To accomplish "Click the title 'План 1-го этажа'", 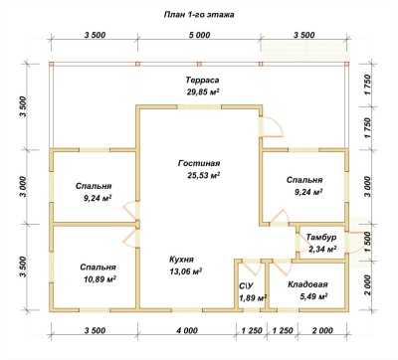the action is pos(199,15).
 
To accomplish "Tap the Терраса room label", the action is pos(202,81).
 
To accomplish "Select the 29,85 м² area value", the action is pos(203,92).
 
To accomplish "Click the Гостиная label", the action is pos(199,163).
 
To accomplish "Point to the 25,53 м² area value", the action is pos(204,175).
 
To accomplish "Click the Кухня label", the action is pos(181,260).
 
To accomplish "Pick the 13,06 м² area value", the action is pos(186,271).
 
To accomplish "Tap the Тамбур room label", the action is pos(321,238).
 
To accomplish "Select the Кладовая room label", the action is pos(307,284).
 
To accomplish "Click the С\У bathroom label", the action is pos(246,286).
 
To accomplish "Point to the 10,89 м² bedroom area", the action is pos(99,279).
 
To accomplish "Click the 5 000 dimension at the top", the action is pos(199,35).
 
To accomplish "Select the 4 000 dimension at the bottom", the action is pos(187,330).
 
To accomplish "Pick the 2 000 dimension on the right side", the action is pos(368,285).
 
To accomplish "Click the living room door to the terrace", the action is pos(271,126).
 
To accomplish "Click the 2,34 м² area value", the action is pos(322,249).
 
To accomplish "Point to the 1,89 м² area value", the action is pos(254,298).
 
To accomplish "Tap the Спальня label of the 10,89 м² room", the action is pos(98,268).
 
